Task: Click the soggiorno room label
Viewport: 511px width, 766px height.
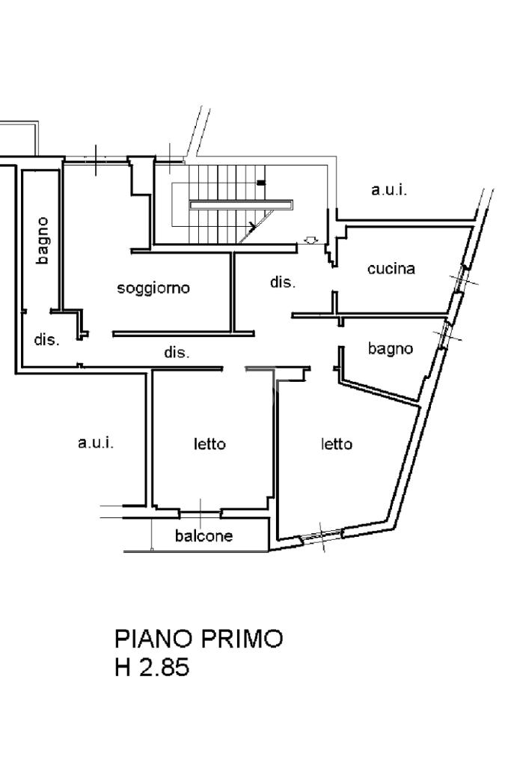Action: (x=153, y=288)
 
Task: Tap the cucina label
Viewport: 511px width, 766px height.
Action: (x=391, y=268)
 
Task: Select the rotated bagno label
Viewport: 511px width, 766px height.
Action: (x=43, y=240)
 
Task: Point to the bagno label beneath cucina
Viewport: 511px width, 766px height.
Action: (x=391, y=348)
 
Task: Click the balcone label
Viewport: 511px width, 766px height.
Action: (x=204, y=536)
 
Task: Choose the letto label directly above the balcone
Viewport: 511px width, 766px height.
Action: (x=209, y=444)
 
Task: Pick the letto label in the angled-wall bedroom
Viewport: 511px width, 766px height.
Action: (x=336, y=444)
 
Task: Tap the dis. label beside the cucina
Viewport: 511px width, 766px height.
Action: (x=283, y=282)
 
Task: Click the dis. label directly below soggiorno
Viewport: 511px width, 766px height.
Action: (x=177, y=352)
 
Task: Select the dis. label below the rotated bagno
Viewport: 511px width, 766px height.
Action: (x=47, y=339)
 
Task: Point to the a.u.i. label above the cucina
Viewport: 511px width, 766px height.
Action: (x=389, y=189)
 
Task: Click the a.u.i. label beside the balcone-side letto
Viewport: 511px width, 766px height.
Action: (x=96, y=443)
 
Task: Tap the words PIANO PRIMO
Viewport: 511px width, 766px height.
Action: (x=199, y=639)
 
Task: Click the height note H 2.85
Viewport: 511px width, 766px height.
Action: (x=152, y=667)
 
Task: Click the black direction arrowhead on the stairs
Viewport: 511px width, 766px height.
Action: (x=252, y=226)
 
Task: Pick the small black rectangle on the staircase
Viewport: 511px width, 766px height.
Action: (x=262, y=183)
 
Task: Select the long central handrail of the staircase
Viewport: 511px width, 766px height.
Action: (x=241, y=204)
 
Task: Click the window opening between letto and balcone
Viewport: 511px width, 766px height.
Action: (x=200, y=513)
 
